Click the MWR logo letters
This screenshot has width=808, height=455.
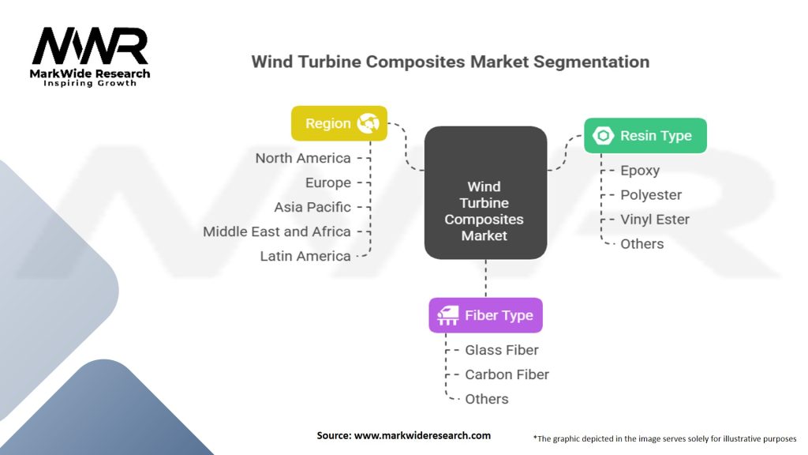(91, 46)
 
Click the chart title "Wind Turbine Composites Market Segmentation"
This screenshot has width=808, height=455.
(450, 62)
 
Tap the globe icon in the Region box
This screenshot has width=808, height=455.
(368, 123)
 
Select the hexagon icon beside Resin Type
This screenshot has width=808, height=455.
(603, 136)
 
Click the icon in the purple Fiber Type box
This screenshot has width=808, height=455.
(448, 315)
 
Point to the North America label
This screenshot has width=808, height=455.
(303, 158)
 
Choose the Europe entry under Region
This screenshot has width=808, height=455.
(327, 182)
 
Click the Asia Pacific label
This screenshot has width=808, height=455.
(312, 208)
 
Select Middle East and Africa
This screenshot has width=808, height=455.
(277, 231)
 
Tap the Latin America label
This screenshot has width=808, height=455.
(305, 257)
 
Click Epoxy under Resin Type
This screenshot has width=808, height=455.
(639, 171)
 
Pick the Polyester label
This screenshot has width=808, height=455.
(651, 195)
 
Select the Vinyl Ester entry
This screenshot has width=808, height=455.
(654, 220)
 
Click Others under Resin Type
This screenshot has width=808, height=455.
(642, 244)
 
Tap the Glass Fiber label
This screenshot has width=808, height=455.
(501, 350)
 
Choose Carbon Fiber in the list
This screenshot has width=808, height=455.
(507, 374)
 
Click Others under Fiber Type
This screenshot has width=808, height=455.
(486, 399)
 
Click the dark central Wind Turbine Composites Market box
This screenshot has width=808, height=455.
(485, 193)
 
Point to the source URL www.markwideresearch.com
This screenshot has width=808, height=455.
(422, 435)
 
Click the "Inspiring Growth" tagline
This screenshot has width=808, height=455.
(90, 83)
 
